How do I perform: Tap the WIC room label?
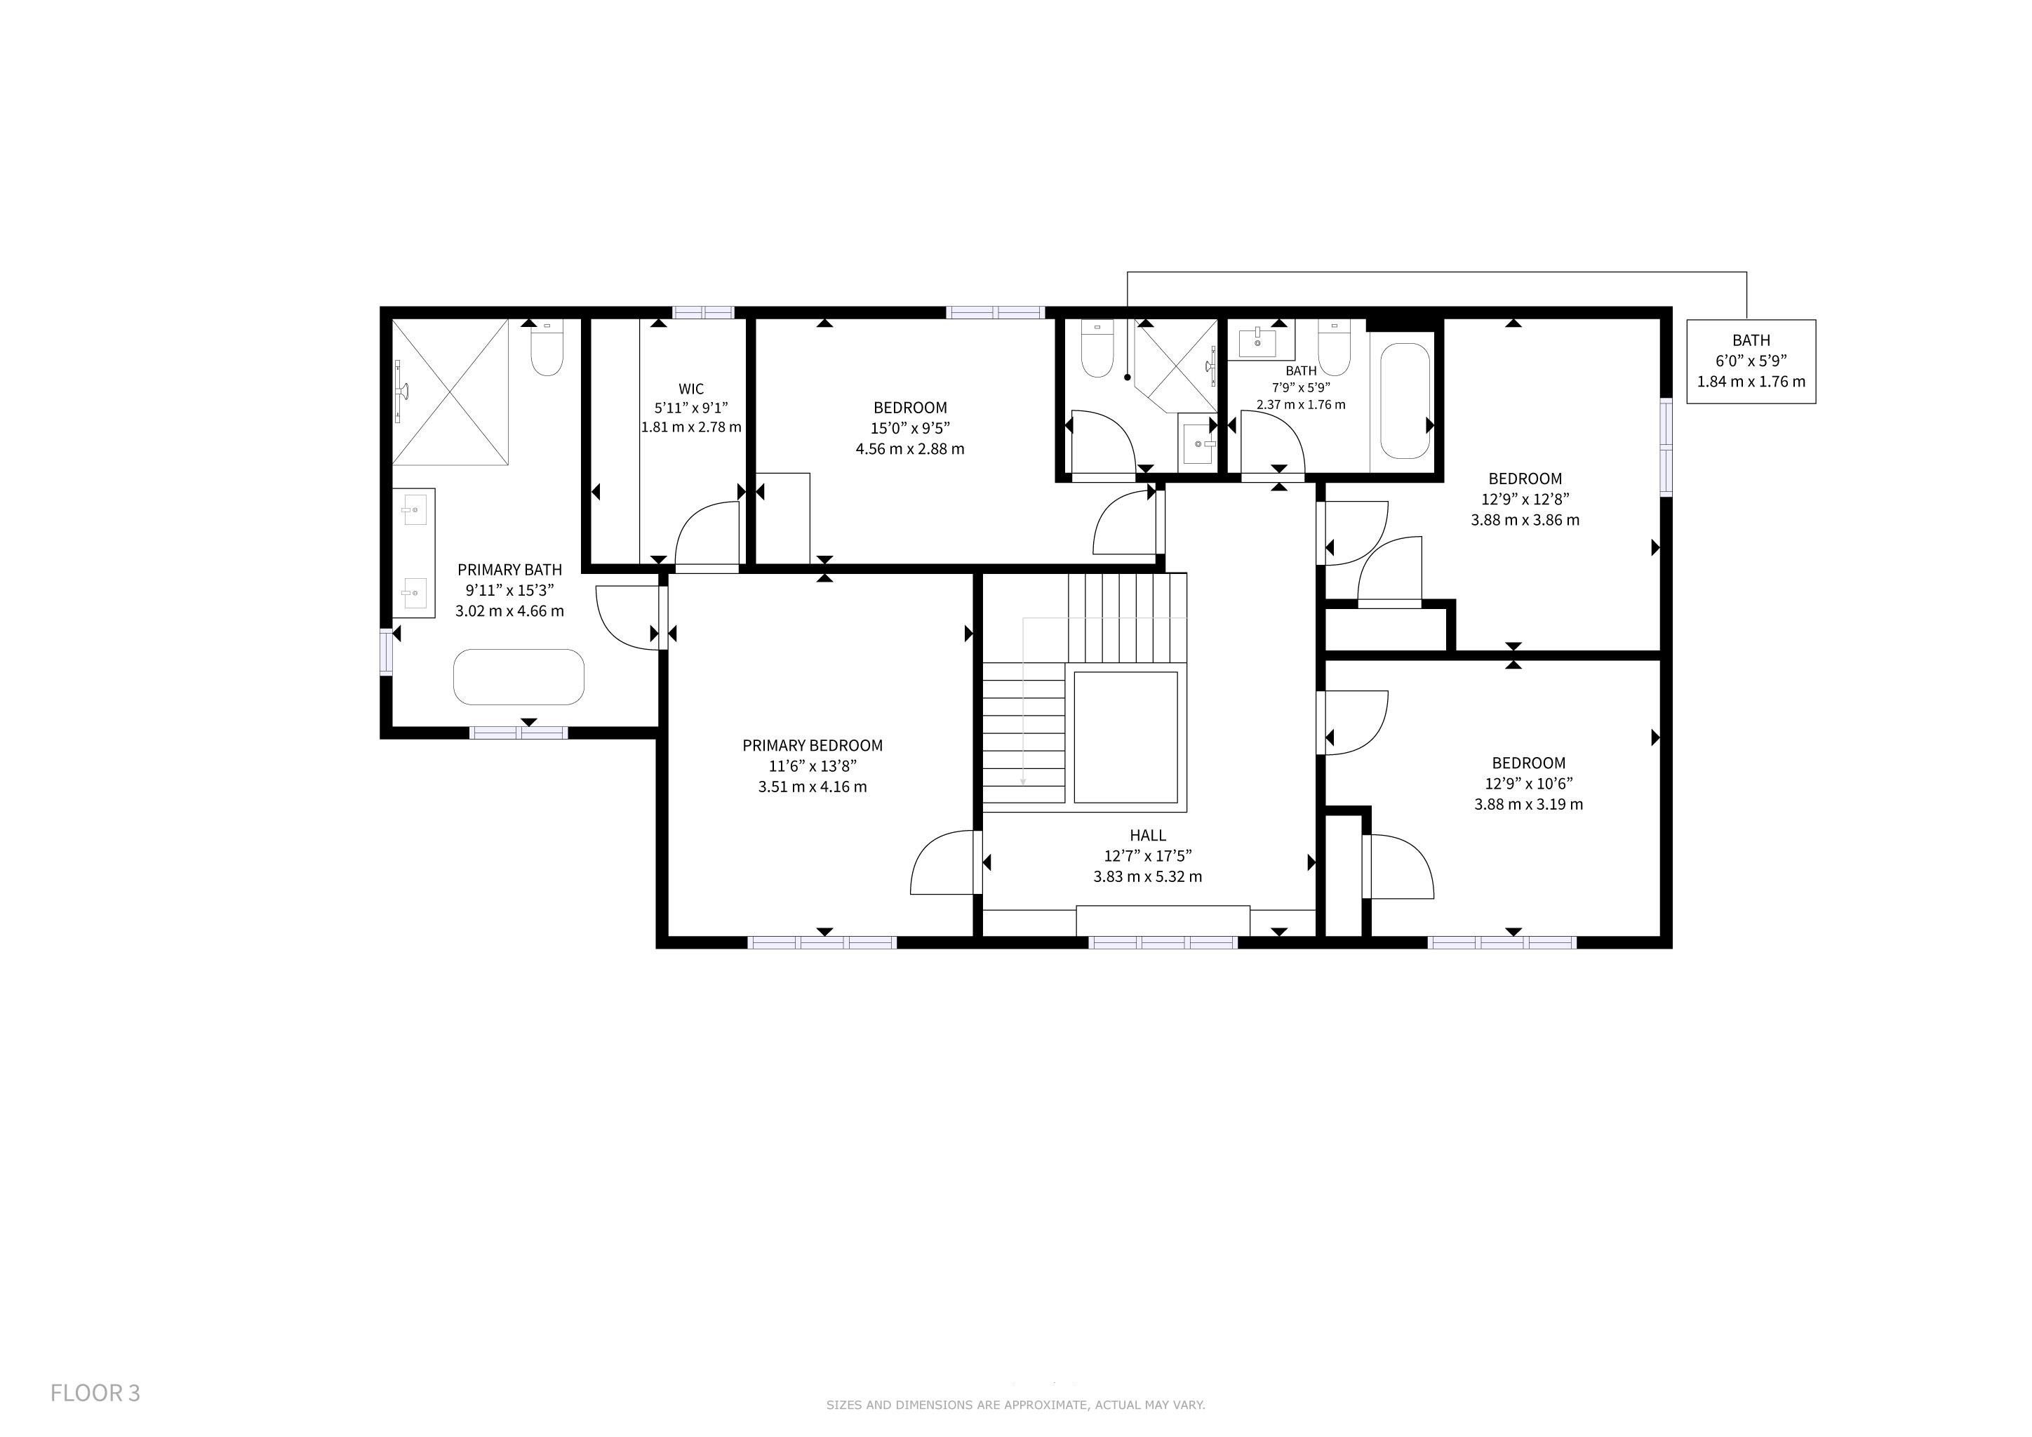691,389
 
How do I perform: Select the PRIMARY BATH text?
510,570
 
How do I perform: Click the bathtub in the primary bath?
519,677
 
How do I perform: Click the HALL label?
1148,835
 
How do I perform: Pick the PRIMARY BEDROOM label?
813,746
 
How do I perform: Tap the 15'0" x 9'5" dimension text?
910,428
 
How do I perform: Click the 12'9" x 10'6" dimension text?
1528,783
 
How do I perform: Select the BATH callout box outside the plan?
1751,362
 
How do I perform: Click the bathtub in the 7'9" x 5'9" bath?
1405,401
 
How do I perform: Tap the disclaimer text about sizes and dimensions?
1015,1404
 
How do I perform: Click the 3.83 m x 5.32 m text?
1148,877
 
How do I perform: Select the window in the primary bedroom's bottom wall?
823,943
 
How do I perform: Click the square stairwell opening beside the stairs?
1125,737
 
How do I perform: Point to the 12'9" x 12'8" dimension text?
1525,499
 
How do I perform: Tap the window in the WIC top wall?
704,312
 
